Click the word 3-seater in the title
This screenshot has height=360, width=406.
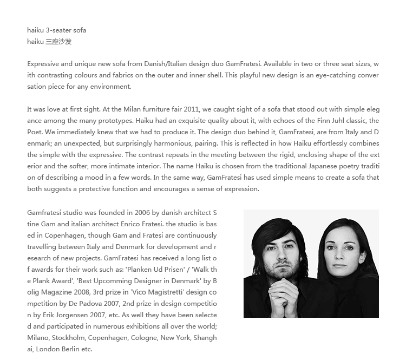59,30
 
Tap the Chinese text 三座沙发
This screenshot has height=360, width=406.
58,42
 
